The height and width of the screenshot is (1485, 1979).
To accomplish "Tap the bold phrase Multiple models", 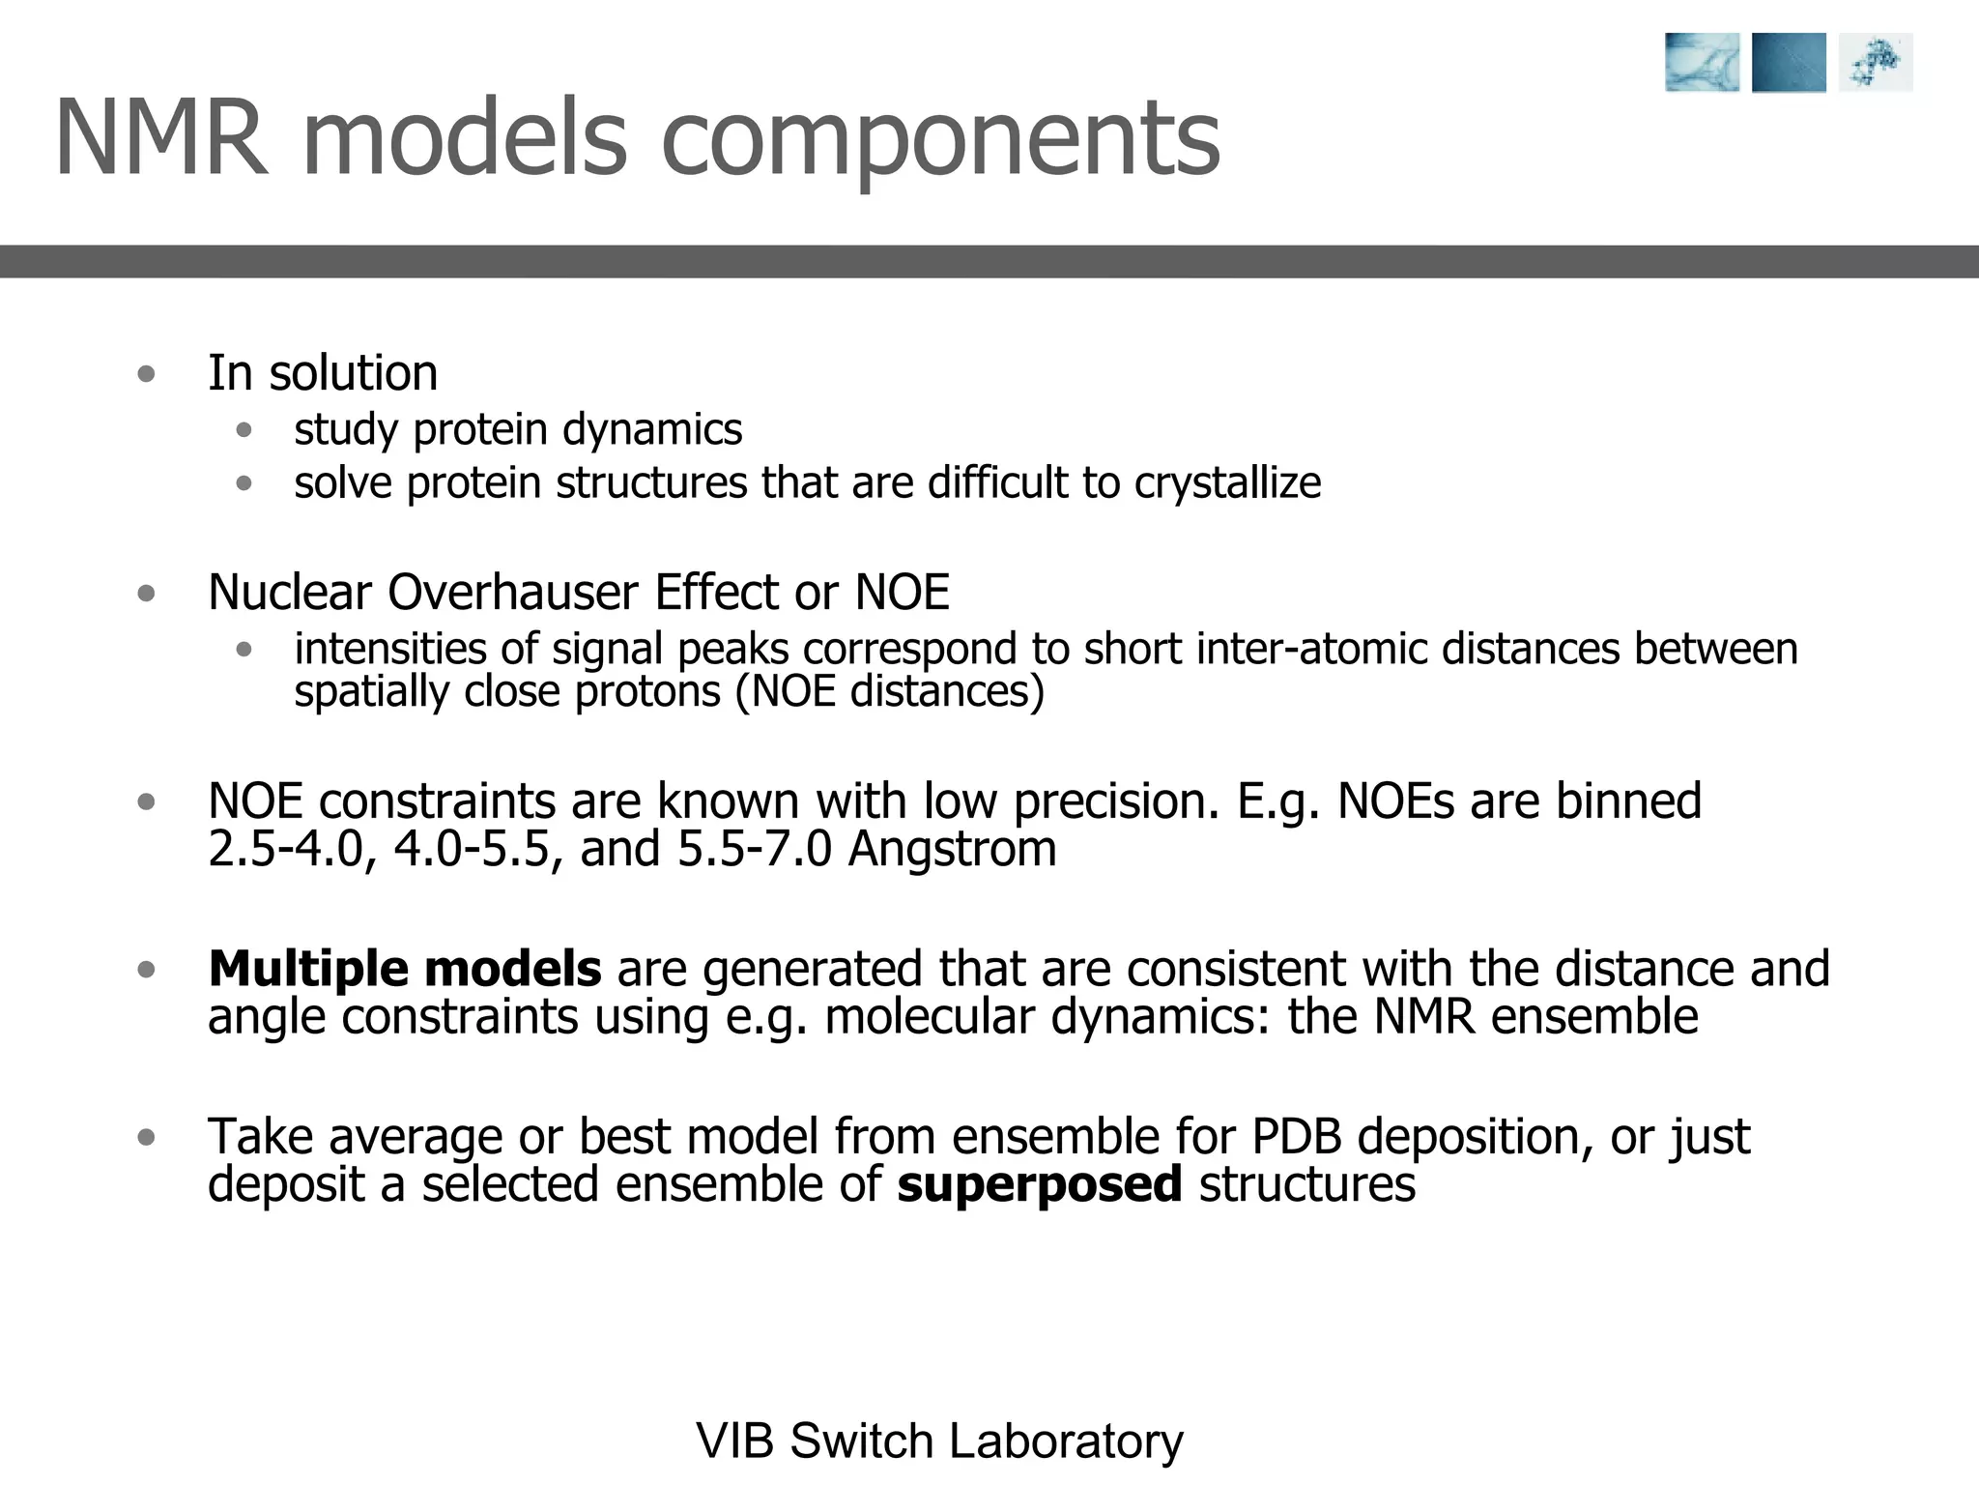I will tap(404, 969).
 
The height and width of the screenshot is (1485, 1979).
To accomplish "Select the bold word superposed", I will tap(1040, 1184).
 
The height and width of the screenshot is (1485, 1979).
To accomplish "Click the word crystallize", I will tap(1227, 483).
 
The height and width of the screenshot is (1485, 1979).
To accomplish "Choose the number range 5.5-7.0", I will tap(754, 849).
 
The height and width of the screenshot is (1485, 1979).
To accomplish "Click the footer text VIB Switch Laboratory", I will tap(939, 1441).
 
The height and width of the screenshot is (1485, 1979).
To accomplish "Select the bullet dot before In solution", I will tap(146, 374).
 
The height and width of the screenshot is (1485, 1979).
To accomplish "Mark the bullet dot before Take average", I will tap(146, 1137).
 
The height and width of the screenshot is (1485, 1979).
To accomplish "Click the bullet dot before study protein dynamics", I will tap(244, 430).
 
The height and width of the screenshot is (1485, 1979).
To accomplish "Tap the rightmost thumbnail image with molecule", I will tap(1875, 63).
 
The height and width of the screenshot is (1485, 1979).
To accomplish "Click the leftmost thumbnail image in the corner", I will tap(1702, 63).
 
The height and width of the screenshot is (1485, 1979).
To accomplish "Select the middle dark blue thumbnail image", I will tap(1789, 63).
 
